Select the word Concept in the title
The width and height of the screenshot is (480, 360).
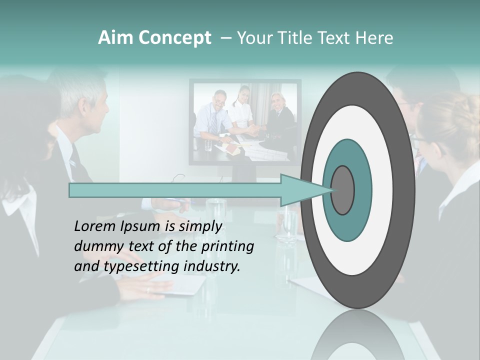click(x=174, y=38)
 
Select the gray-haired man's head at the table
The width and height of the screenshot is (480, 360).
click(x=87, y=102)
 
